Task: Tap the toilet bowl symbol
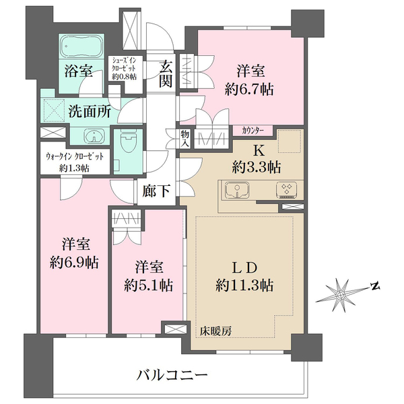128,142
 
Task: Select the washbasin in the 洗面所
94,136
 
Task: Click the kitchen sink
237,191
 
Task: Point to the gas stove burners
286,190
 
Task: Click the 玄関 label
165,73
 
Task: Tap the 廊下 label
156,191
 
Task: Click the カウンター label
252,131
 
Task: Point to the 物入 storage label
184,139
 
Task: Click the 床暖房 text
215,331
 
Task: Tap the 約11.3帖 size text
244,285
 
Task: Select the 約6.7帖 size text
249,90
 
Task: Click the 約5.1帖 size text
148,285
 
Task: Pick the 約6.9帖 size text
74,263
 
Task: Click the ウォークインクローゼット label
75,157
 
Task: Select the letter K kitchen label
259,151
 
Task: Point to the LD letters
245,268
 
